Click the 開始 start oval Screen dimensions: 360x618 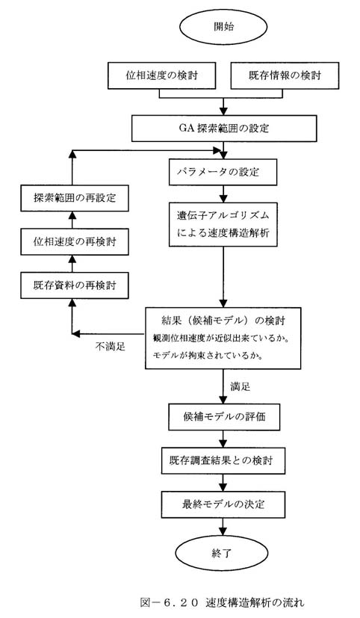[223, 26]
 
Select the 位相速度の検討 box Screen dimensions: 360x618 [161, 75]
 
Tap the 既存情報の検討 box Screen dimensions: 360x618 [285, 75]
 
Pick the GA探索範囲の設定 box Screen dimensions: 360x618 [224, 128]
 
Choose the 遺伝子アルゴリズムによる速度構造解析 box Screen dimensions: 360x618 [223, 225]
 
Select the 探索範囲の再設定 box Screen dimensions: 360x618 [75, 197]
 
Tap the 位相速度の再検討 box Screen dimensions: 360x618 [75, 241]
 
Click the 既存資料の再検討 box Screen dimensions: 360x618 [75, 285]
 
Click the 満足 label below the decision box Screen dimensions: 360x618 [240, 386]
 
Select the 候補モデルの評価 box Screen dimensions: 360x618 [224, 416]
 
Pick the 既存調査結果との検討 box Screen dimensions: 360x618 [223, 460]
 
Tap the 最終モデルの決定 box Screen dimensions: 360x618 [223, 504]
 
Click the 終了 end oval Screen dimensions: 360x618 [223, 553]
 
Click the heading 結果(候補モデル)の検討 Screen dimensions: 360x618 [223, 321]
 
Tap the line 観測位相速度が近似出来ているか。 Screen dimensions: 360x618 [221, 339]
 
